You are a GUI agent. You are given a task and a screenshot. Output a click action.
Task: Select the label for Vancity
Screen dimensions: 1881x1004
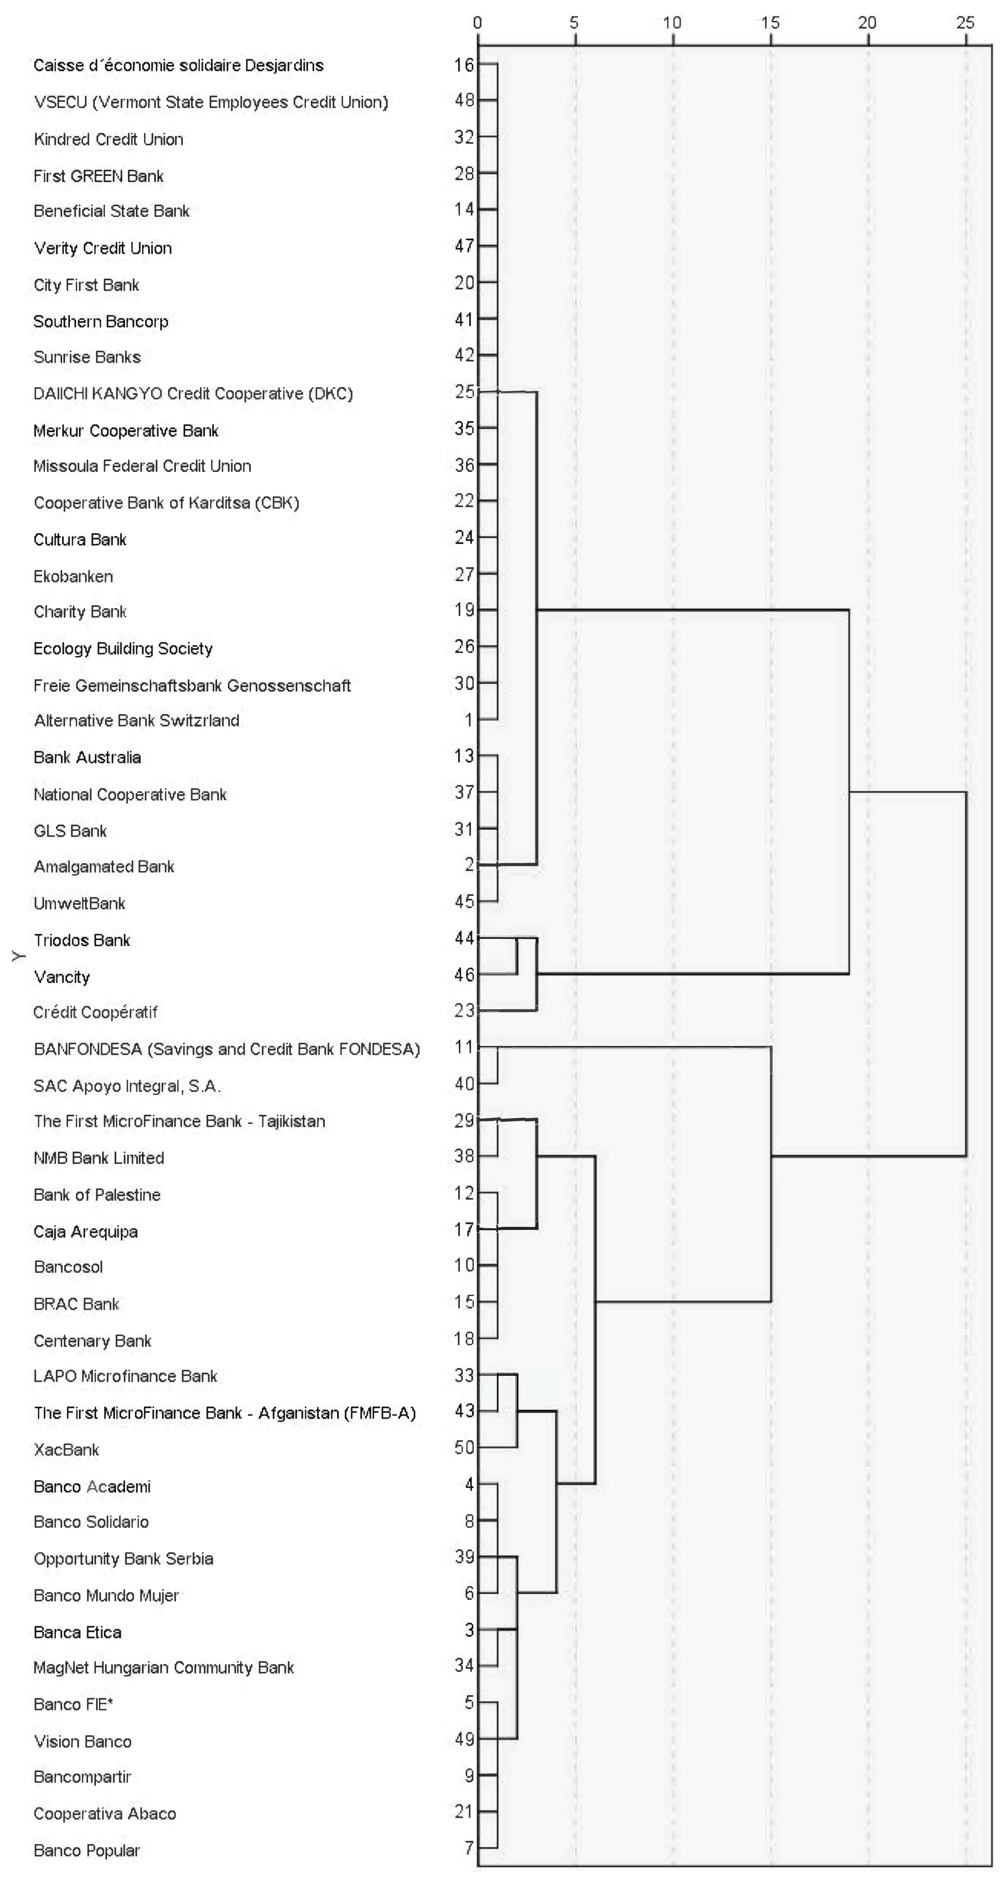62,977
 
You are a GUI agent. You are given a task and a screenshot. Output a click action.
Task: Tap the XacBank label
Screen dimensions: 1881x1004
66,1450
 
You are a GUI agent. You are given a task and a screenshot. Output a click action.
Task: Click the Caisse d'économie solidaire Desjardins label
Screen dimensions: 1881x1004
179,65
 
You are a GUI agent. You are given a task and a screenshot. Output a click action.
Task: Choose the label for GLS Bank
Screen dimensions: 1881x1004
70,831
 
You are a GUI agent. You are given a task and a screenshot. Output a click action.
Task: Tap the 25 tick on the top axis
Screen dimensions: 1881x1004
965,23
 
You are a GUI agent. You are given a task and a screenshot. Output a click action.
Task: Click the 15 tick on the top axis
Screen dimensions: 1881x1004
770,23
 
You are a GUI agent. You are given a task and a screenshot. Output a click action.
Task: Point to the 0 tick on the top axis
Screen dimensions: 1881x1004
477,23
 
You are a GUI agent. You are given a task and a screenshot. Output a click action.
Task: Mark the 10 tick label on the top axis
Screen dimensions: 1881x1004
673,23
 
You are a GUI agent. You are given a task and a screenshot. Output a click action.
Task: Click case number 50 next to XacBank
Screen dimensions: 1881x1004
464,1447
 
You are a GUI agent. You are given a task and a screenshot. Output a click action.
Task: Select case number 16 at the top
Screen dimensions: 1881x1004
464,64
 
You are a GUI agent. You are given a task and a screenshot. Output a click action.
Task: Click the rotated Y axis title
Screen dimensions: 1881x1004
19,956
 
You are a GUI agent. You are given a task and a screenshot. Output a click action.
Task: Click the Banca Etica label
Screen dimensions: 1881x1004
77,1633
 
